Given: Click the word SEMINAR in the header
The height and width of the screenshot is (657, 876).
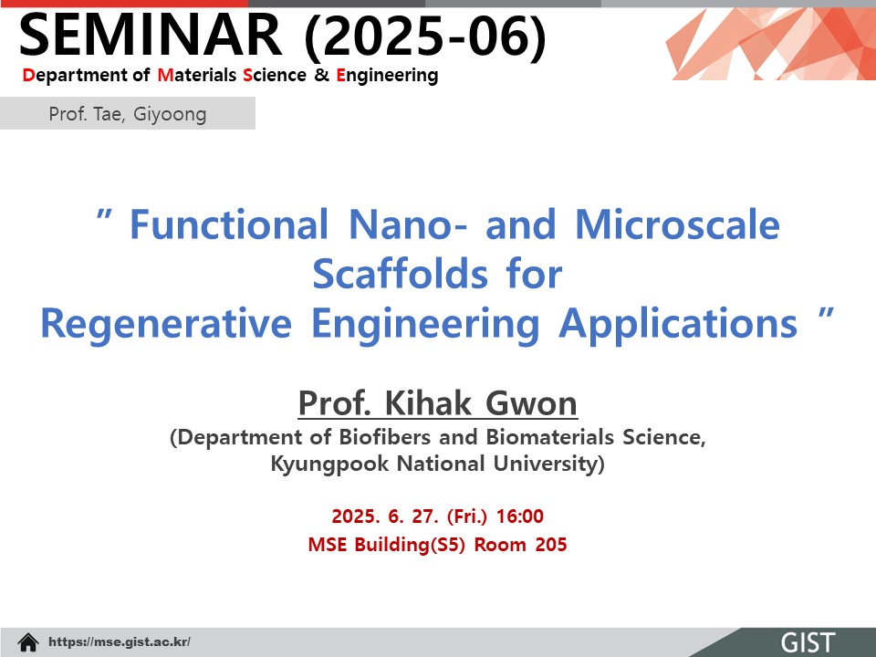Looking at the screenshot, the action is [x=151, y=35].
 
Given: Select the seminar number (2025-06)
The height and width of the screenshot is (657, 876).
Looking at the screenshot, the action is [x=425, y=36].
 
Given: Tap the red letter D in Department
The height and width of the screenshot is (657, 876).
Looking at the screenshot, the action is [x=28, y=75].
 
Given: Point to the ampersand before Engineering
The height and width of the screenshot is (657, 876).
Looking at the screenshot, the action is [x=321, y=75].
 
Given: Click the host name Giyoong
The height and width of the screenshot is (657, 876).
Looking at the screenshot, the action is [x=170, y=114].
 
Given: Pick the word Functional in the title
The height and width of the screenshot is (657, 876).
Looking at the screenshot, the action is [x=229, y=224].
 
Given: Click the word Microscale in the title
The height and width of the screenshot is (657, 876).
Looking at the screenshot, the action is [x=677, y=224].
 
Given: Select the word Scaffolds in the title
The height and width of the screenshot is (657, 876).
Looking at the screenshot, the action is [x=400, y=274].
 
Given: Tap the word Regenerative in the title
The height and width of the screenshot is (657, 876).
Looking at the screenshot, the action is [x=166, y=324].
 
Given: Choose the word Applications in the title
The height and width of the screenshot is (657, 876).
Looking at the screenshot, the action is [x=678, y=324].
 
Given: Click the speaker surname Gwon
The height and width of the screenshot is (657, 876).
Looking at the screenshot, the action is [x=531, y=402].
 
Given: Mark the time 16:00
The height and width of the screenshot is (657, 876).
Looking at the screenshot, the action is [x=519, y=516].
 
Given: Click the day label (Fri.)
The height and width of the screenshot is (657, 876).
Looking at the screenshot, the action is [x=467, y=516].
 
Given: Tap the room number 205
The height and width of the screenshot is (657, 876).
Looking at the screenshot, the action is [x=551, y=544].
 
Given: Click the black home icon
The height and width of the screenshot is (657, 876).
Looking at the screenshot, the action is [x=28, y=641].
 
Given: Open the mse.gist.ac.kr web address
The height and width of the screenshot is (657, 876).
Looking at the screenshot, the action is [x=120, y=641].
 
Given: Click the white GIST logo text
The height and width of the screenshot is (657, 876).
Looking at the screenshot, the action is [x=808, y=642].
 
